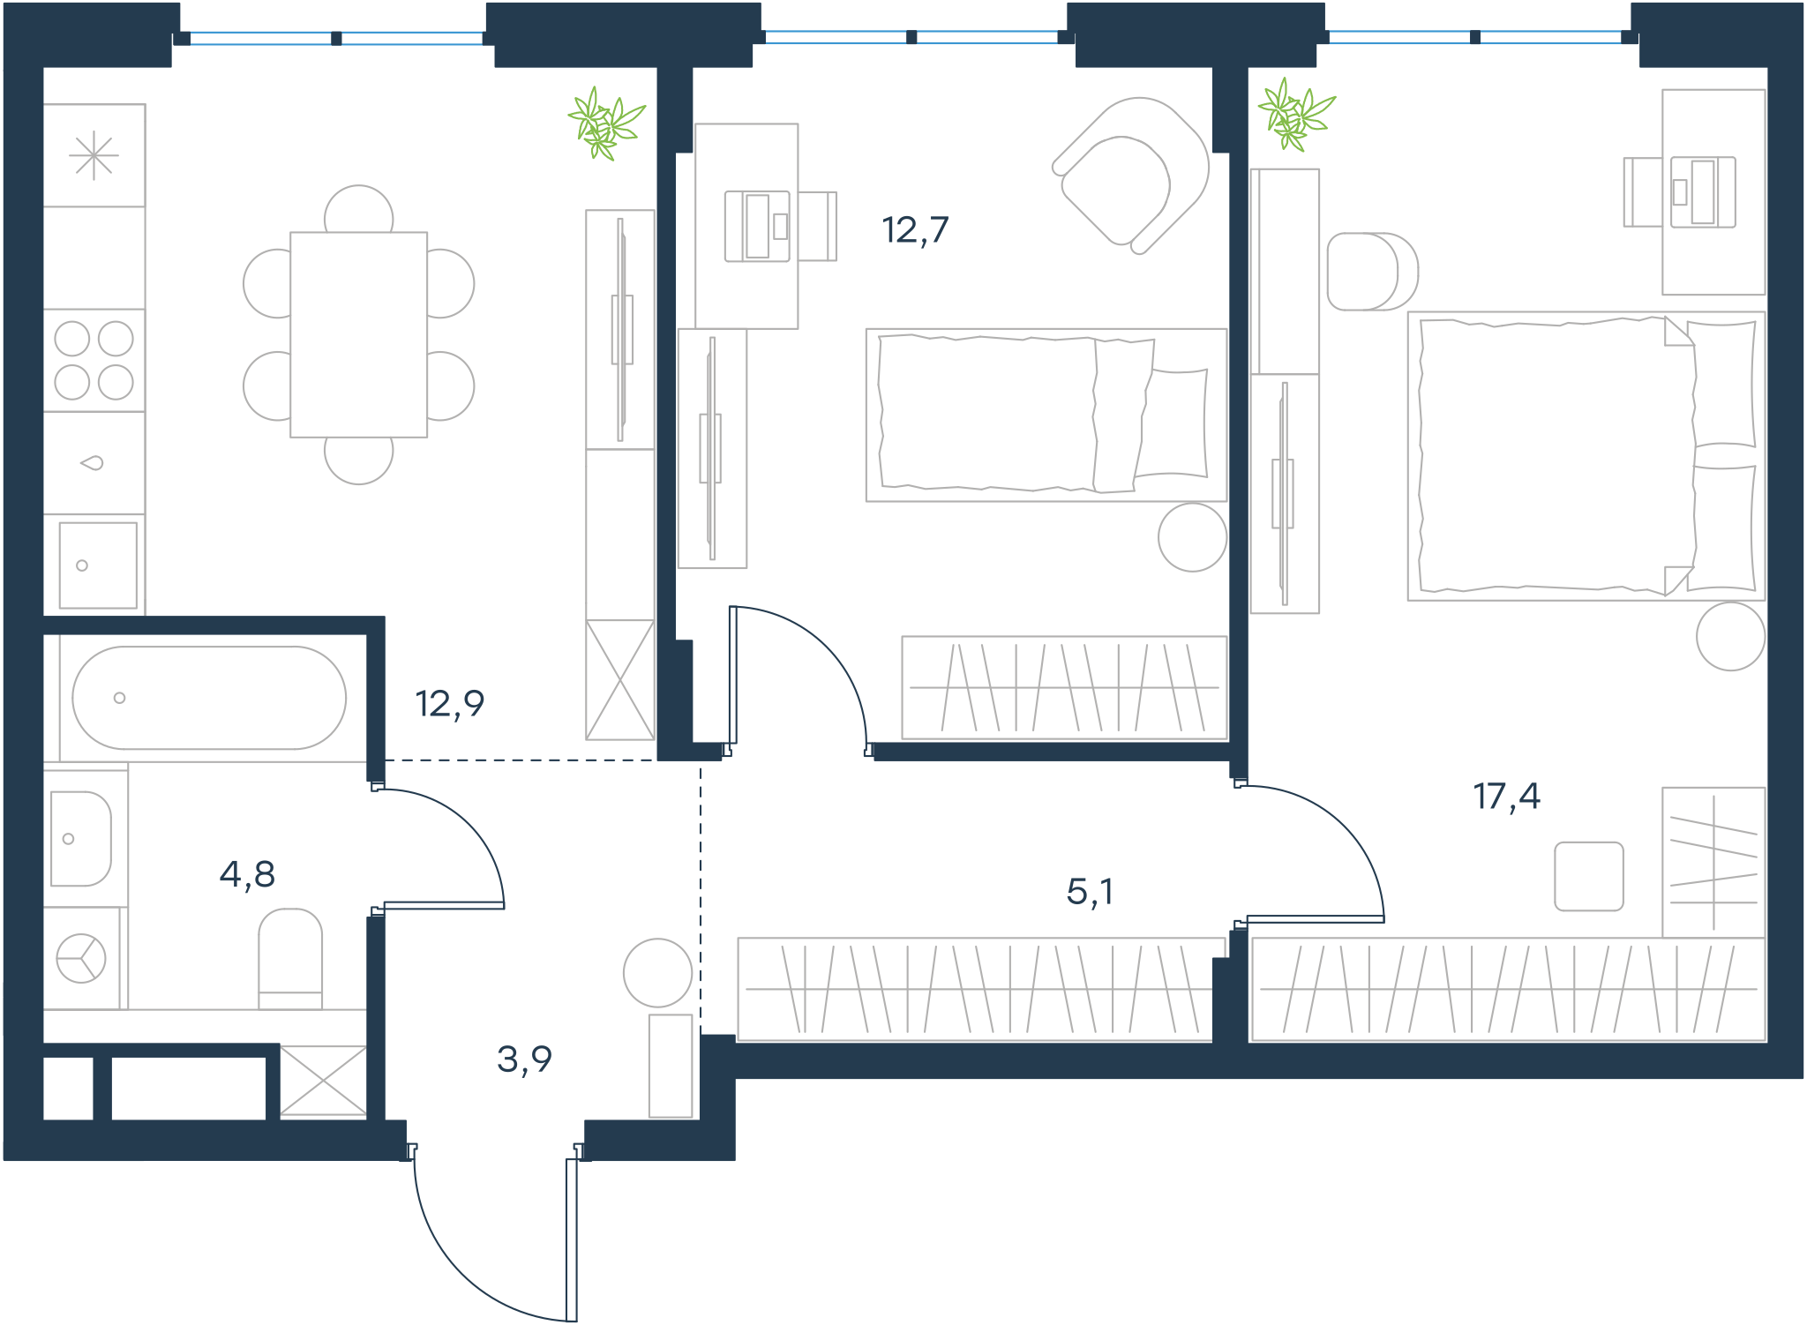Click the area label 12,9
[449, 704]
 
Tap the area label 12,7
[915, 230]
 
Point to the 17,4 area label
[1506, 797]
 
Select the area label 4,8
[247, 875]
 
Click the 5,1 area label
[1090, 892]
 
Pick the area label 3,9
[524, 1059]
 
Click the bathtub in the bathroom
[209, 698]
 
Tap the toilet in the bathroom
[290, 959]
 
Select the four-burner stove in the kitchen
[94, 360]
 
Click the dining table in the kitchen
[359, 334]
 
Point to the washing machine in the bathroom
[81, 958]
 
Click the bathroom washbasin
[80, 838]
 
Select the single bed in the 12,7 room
[1046, 415]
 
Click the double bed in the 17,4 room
[1586, 456]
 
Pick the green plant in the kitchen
[606, 124]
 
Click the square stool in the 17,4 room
[1589, 876]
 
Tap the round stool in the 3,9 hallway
[657, 973]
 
